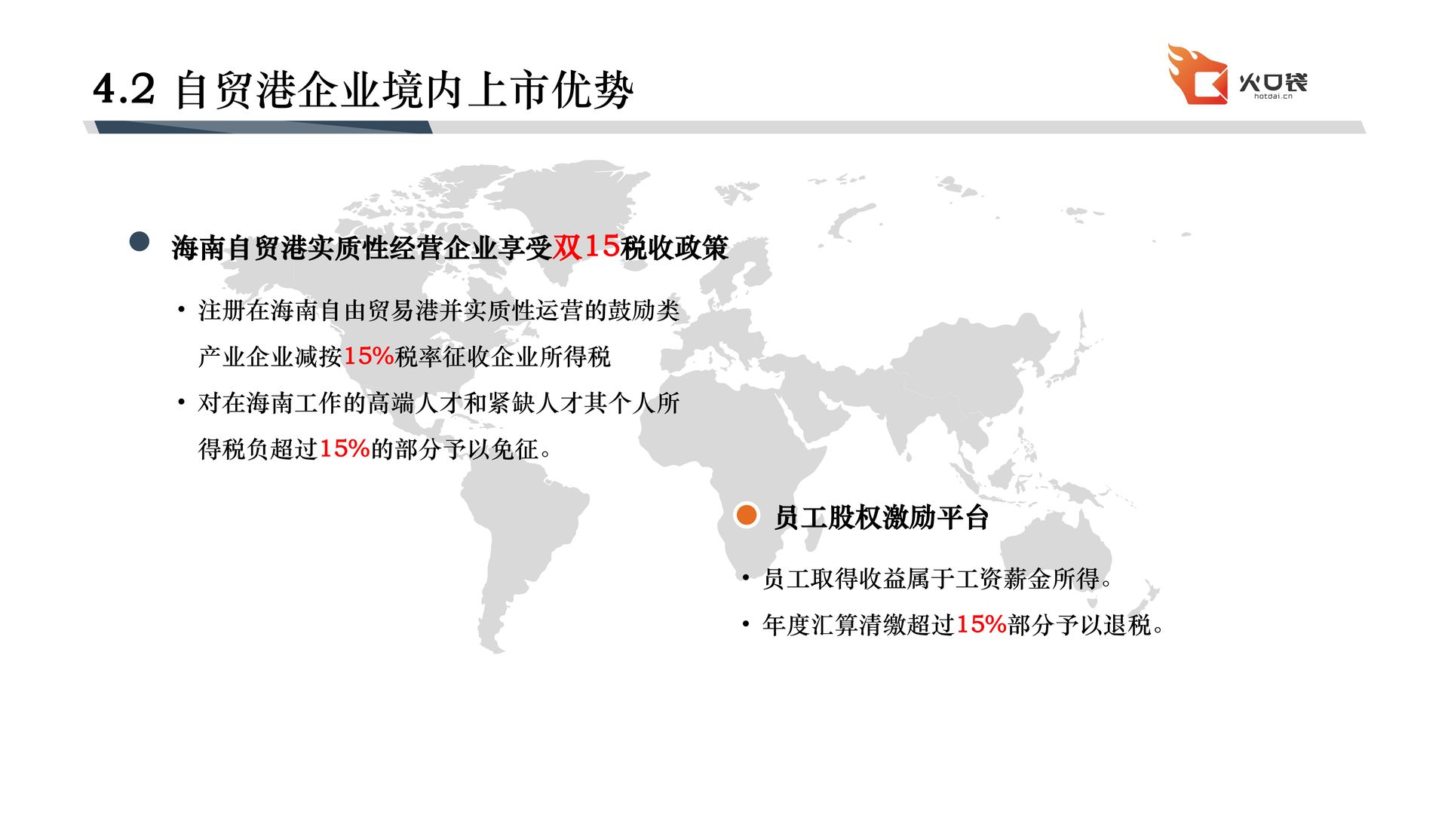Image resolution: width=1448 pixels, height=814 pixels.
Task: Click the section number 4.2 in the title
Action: tap(124, 89)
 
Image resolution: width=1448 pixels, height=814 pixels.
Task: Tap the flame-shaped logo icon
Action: tap(1198, 74)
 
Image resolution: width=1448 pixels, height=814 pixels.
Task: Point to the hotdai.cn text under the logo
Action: tap(1273, 96)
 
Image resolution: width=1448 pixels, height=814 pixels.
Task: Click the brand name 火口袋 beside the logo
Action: tap(1273, 81)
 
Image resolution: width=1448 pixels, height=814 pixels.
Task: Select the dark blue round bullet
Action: tap(140, 241)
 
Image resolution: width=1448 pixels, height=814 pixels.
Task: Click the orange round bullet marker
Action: tap(747, 515)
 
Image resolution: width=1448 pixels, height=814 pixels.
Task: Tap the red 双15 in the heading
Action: tap(587, 246)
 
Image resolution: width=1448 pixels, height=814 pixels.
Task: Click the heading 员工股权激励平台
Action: tap(882, 518)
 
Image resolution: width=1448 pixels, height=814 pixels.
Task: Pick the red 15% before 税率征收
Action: tap(369, 356)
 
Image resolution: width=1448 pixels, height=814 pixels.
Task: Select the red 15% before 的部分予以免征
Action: tap(345, 448)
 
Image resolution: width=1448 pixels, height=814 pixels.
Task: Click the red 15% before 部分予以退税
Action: tap(981, 624)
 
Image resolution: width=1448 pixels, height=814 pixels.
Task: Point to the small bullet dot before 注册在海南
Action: tap(181, 309)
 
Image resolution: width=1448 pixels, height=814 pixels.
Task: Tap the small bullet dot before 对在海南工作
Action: tap(181, 402)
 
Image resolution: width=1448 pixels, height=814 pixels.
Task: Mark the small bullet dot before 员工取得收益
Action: tap(745, 578)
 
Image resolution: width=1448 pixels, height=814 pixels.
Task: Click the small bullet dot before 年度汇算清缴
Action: tap(745, 624)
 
